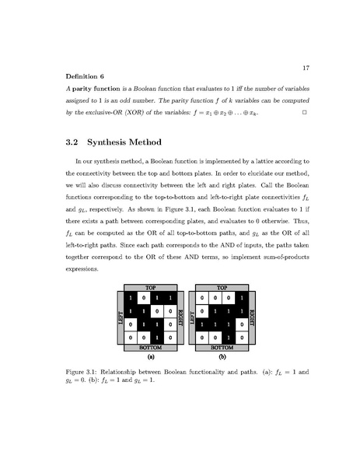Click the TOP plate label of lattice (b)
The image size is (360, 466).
[x=222, y=287]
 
